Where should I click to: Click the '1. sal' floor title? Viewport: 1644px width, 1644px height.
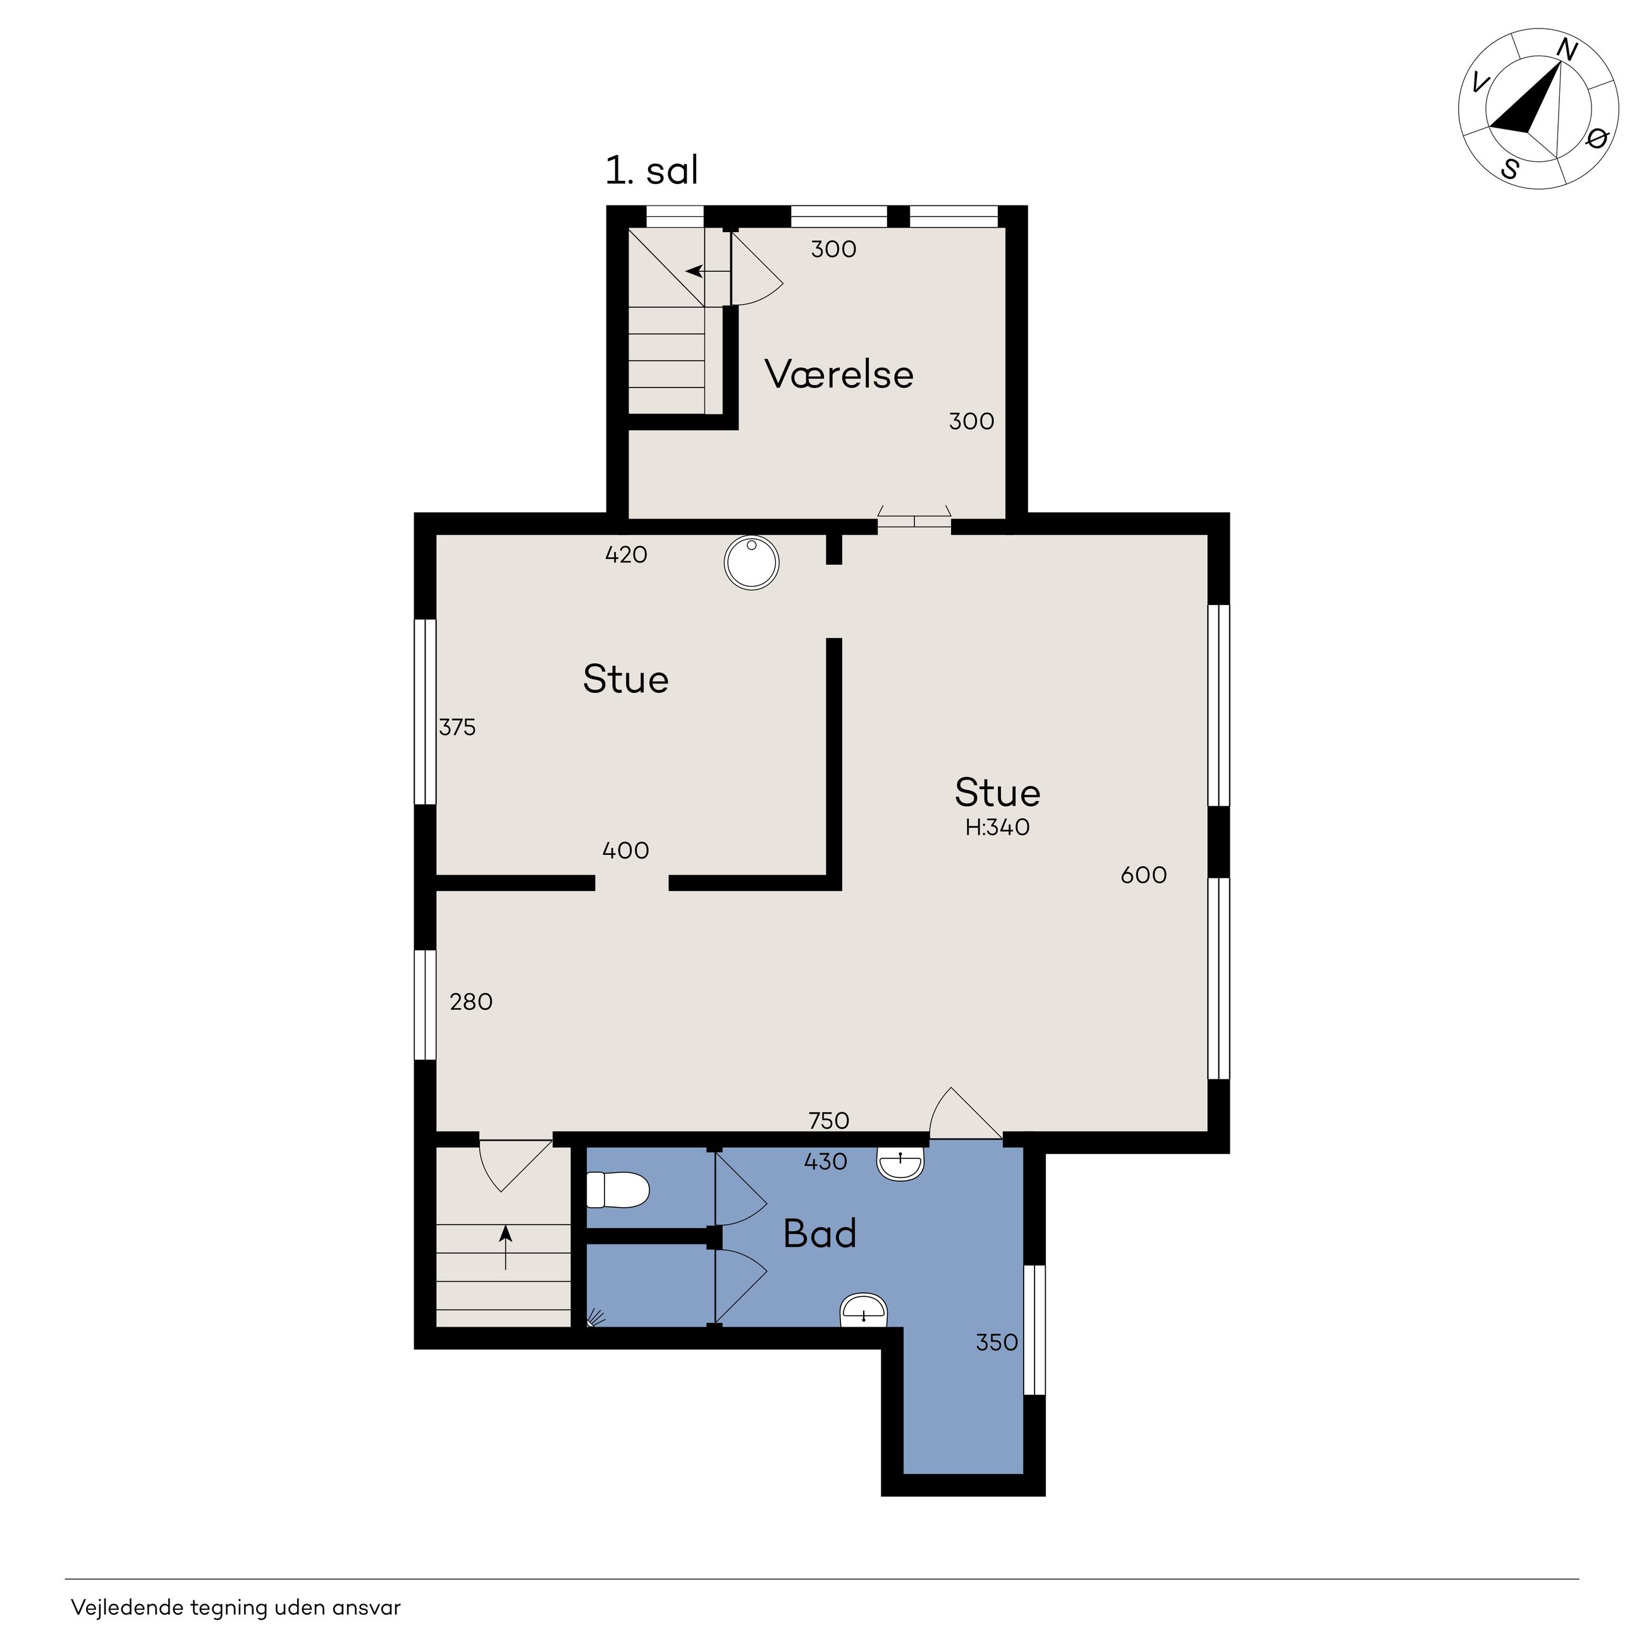651,170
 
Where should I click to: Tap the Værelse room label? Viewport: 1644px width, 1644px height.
839,374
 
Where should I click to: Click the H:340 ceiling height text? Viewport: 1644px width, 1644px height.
997,827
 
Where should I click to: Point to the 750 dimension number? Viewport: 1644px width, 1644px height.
829,1120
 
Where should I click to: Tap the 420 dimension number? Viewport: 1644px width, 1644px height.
626,555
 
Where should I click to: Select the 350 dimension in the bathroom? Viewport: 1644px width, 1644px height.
997,1343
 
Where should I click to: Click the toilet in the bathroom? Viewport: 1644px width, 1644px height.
618,1189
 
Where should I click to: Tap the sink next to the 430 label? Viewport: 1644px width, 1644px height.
900,1163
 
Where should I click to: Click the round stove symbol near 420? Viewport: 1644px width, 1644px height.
751,563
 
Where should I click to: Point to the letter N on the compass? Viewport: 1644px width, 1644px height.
1567,52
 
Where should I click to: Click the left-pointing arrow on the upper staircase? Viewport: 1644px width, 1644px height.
708,271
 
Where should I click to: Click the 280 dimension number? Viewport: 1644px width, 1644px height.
472,1002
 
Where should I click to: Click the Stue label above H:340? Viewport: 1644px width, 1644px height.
997,793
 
